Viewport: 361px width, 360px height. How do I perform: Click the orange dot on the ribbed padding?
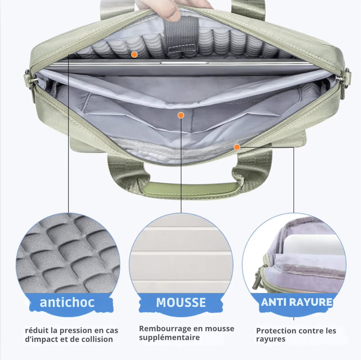point(134,55)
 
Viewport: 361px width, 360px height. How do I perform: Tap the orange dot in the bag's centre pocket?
point(181,115)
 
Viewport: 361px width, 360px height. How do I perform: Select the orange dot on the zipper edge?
point(237,147)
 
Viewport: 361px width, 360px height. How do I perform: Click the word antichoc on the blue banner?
point(67,302)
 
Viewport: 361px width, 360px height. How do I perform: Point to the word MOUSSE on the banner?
point(181,302)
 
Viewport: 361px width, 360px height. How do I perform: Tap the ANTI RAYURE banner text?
point(297,302)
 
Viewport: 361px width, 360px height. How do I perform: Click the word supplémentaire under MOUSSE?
point(169,337)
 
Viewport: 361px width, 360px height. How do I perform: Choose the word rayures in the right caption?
point(271,339)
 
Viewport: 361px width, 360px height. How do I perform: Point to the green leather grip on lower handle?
point(190,189)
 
